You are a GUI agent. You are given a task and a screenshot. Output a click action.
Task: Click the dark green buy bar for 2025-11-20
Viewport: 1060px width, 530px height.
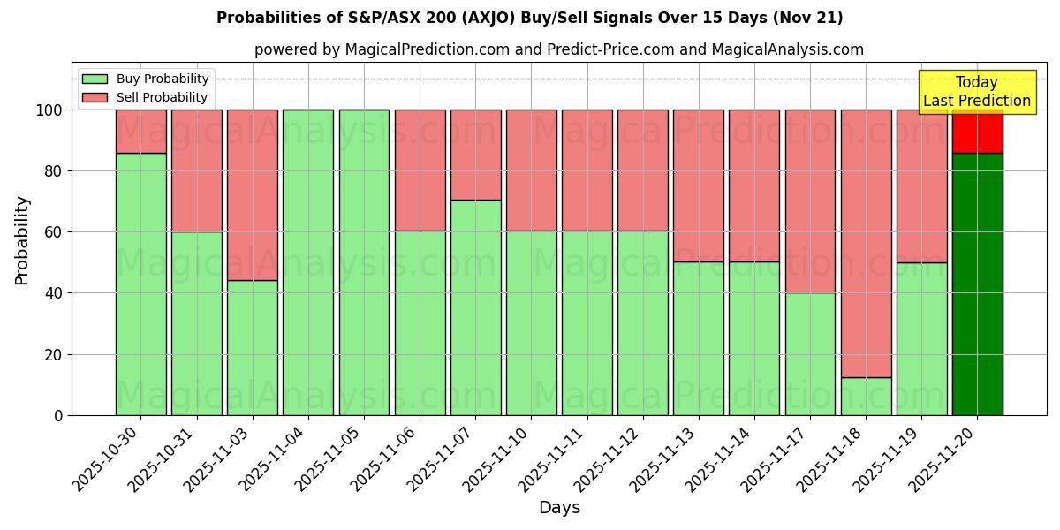coord(977,283)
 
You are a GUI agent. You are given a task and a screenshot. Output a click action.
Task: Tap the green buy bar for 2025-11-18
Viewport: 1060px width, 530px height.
coord(866,396)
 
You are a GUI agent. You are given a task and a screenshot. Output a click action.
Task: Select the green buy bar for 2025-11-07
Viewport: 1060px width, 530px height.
coord(475,307)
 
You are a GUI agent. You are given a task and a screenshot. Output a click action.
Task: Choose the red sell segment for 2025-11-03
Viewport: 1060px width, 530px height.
coord(253,194)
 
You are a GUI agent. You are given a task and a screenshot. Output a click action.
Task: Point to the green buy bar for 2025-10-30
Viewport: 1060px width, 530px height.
coord(141,283)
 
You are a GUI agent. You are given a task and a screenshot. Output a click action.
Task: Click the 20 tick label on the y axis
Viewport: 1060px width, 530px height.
coord(55,354)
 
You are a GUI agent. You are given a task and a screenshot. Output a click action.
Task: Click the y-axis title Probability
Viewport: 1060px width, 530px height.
coord(22,239)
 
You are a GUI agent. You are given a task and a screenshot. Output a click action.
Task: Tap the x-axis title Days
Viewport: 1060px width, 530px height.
coord(559,508)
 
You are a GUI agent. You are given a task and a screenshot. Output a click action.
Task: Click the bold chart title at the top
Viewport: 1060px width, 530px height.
coord(529,18)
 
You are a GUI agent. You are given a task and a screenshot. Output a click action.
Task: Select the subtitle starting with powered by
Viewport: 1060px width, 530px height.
coord(558,49)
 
